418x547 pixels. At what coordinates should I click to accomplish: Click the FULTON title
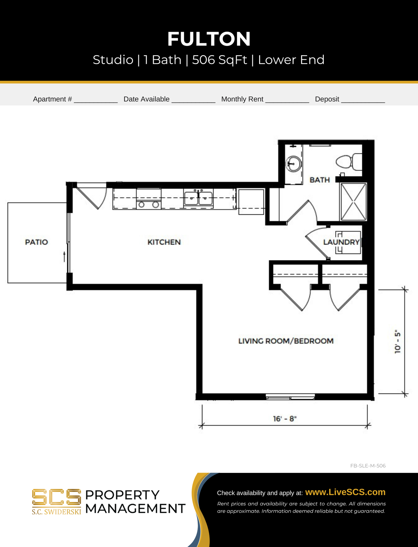pos(209,39)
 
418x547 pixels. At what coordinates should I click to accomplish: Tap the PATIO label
pos(36,242)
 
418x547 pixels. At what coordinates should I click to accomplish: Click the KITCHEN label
pos(164,242)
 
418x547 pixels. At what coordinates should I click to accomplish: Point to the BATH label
pos(320,180)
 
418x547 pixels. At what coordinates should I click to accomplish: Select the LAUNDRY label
pos(341,242)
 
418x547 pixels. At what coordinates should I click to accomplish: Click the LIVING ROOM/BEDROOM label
pos(286,341)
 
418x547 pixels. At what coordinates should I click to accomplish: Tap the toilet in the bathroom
pos(349,162)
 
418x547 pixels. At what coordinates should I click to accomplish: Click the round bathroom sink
pos(294,164)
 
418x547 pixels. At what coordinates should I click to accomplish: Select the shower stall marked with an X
pos(353,202)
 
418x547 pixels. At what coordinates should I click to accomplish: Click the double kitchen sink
pos(198,198)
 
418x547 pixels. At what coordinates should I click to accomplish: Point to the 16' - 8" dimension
pos(285,419)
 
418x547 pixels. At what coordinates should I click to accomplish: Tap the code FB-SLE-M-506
pos(368,466)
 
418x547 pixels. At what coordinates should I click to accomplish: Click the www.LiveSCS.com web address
pos(345,492)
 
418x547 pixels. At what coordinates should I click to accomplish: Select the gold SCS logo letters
pos(56,498)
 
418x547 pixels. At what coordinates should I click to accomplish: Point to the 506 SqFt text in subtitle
pos(220,60)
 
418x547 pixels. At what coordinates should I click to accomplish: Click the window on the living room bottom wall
pos(290,397)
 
